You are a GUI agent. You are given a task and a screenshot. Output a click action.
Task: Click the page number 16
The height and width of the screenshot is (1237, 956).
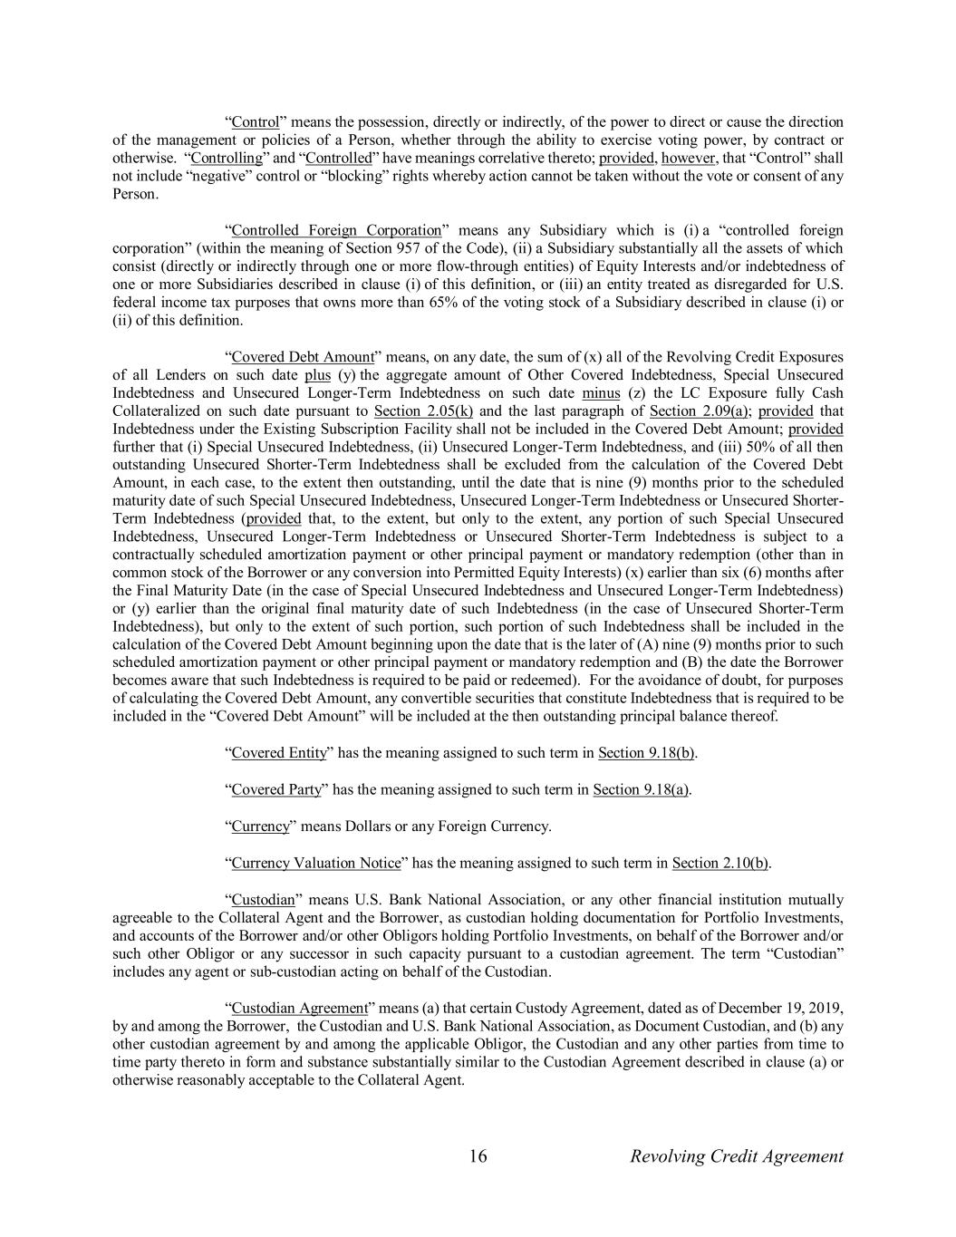point(478,1156)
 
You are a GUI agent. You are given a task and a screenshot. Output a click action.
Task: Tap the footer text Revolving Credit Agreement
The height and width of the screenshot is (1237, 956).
point(736,1156)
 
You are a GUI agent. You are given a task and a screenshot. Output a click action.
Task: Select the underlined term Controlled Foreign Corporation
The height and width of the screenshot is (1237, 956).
point(336,230)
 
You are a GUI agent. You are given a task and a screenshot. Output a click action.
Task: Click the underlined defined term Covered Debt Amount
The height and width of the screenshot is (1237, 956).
point(296,357)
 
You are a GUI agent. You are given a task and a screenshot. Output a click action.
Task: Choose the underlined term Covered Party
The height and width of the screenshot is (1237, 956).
point(276,789)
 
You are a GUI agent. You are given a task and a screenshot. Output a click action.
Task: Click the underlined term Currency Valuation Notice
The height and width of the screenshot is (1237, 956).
point(315,863)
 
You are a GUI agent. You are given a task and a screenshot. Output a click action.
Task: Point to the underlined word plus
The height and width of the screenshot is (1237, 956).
point(317,375)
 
